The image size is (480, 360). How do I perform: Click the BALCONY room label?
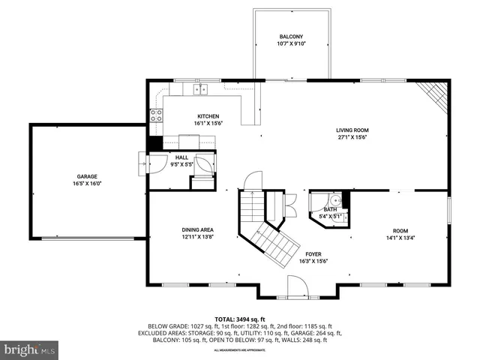292,37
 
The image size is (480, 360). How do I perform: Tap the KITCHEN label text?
208,116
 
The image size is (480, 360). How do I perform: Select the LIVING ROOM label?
353,130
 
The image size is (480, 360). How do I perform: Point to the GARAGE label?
87,176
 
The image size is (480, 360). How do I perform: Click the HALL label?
181,157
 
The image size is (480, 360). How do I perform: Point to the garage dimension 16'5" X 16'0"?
87,184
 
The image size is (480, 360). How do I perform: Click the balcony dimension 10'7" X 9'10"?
292,43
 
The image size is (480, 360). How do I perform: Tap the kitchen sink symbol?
200,90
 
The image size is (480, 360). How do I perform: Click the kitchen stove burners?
157,115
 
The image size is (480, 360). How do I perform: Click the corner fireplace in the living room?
436,94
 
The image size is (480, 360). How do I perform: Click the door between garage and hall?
144,162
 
